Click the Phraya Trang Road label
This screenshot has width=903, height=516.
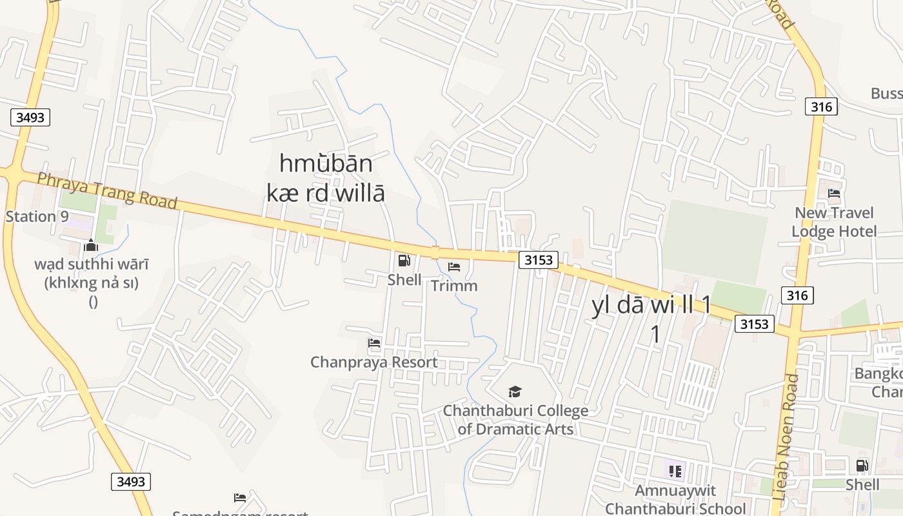coord(106,190)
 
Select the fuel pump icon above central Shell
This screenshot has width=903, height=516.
coord(404,261)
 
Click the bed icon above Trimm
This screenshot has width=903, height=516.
coord(454,266)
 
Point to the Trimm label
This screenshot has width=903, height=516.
coord(454,285)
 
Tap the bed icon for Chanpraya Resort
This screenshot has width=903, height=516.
coord(374,343)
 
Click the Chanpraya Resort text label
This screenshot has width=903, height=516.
coord(374,362)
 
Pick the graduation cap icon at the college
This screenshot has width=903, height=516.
coord(515,392)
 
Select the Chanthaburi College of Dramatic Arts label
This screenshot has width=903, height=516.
coord(515,419)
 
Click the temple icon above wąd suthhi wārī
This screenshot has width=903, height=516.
coord(91,245)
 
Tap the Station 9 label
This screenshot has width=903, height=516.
coord(37,216)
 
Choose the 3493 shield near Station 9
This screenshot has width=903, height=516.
coord(30,117)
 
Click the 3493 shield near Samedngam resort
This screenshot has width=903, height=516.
coord(131,481)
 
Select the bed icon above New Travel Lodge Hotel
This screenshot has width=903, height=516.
coord(834,193)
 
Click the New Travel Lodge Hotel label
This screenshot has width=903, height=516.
coord(834,222)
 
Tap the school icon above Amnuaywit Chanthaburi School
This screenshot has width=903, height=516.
coord(675,471)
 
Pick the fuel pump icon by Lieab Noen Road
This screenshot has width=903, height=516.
coord(862,465)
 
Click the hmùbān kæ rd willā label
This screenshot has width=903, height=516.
coord(326,178)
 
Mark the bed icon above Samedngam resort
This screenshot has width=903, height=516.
coord(240,497)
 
